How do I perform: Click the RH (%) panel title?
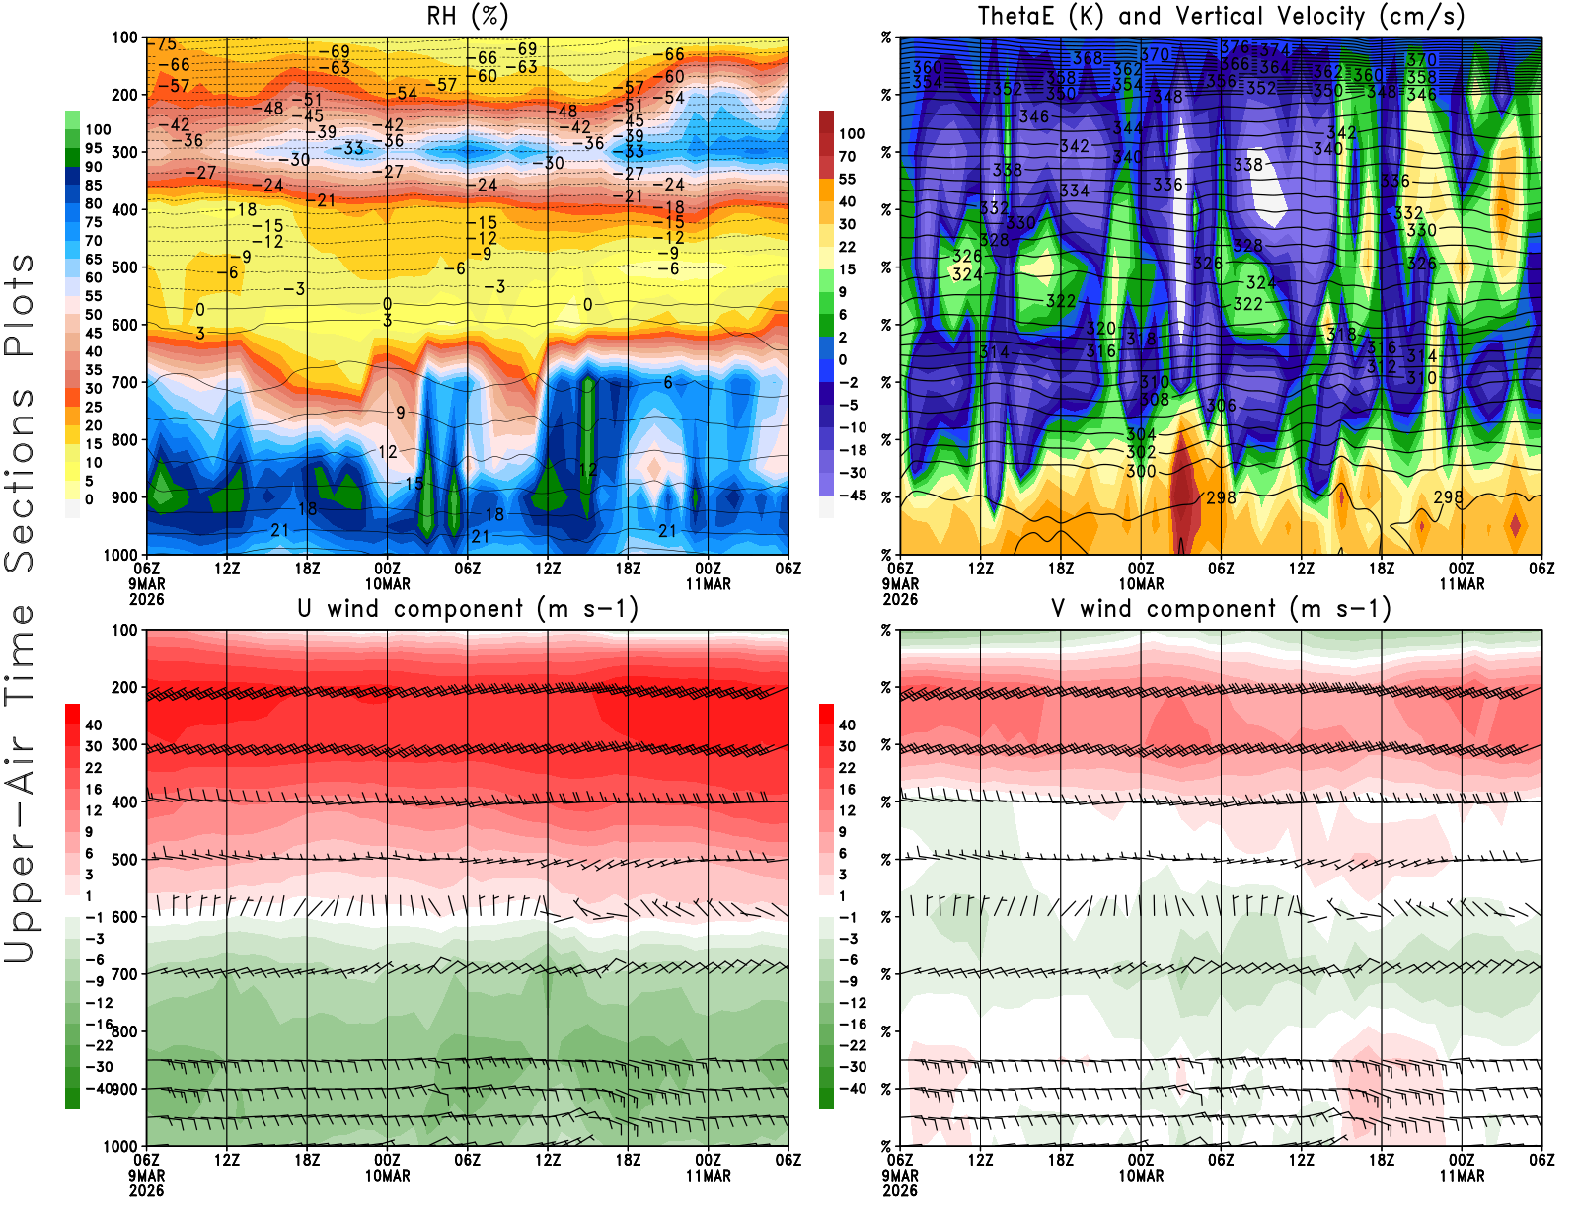(x=468, y=16)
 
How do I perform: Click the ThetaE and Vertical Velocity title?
(x=1221, y=16)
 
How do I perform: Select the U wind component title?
(x=468, y=608)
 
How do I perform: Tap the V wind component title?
(x=1221, y=608)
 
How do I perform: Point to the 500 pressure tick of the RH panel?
(x=125, y=267)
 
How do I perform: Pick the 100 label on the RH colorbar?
(x=98, y=129)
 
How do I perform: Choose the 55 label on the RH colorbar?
(x=93, y=296)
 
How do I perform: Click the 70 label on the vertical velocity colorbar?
(x=847, y=156)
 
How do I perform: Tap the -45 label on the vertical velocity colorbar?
(x=853, y=496)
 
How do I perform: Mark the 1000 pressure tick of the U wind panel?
(x=121, y=1146)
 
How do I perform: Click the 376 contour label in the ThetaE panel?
(x=1235, y=46)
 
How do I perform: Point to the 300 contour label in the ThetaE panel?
(x=1141, y=472)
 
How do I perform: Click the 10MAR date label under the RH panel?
(x=388, y=584)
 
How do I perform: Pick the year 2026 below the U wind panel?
(x=146, y=1190)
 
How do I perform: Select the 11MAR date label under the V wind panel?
(x=1462, y=1176)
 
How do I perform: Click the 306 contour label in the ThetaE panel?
(x=1221, y=406)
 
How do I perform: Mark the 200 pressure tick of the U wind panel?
(x=125, y=687)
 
